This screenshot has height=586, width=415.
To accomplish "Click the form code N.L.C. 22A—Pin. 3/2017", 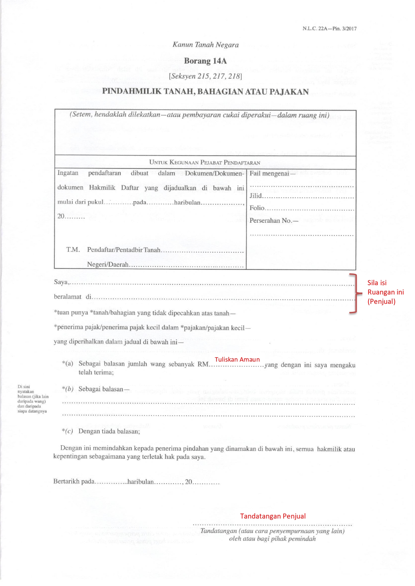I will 329,29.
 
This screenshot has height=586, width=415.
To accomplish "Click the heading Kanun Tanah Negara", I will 205,45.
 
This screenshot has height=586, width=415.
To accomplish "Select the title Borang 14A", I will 205,61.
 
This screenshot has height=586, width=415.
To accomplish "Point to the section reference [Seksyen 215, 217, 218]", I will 205,76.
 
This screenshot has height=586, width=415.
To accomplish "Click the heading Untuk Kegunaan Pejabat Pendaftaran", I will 204,163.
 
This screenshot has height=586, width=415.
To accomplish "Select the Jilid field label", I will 256,196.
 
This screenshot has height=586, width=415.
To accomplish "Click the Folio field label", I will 257,208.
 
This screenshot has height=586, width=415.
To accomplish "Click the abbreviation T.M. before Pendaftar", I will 73,250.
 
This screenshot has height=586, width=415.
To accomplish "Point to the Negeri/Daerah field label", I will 108,264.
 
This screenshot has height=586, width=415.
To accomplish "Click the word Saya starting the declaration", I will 61,282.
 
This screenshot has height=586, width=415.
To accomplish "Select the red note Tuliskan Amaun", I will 237,359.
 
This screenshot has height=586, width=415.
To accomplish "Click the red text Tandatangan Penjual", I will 273,516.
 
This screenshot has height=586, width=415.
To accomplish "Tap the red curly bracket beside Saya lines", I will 355,293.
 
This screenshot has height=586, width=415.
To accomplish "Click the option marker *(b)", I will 67,389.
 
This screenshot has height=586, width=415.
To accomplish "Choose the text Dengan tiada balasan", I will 109,431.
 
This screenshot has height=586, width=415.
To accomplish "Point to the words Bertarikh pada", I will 74,482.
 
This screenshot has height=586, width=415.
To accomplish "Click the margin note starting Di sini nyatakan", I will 33,399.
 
